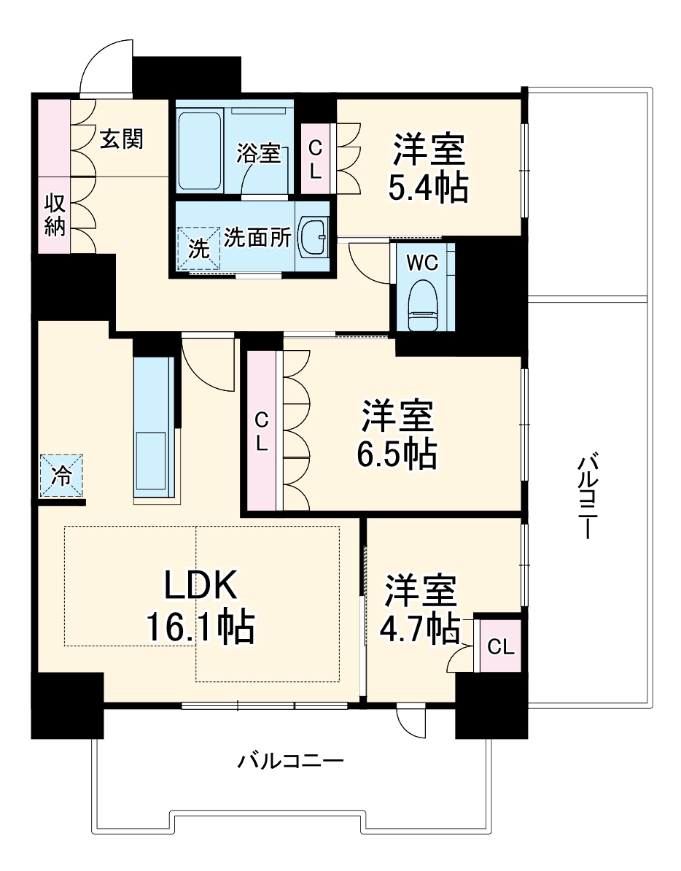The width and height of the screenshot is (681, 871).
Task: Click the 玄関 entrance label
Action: [121, 139]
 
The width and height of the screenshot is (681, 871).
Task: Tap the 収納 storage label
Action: [54, 215]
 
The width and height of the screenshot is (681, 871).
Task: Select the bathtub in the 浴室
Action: [200, 150]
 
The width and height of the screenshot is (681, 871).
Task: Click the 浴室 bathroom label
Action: [259, 153]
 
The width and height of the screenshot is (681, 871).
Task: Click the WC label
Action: [423, 262]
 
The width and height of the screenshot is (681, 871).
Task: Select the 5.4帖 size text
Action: [428, 189]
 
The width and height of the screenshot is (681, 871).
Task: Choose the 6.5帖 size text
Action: [397, 454]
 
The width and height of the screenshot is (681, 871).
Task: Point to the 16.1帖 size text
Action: [201, 627]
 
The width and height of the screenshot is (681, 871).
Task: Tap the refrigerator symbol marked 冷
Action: [62, 476]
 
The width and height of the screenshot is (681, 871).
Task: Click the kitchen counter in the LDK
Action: [155, 430]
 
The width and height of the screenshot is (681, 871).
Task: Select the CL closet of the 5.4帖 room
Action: [315, 159]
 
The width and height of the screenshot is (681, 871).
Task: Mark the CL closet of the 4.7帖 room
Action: [500, 646]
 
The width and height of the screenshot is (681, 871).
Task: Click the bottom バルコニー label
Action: [291, 762]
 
